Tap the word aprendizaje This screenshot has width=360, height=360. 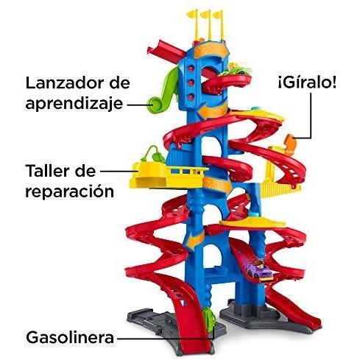(x=74, y=104)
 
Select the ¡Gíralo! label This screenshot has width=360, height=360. (x=307, y=82)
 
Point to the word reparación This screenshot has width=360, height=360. (x=70, y=191)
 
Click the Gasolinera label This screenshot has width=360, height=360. (x=70, y=337)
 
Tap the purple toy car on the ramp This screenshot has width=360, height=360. (x=259, y=270)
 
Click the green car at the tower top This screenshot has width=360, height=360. (x=236, y=69)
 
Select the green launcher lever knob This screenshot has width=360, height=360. (x=155, y=105)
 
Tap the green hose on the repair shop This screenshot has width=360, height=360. (x=153, y=154)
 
